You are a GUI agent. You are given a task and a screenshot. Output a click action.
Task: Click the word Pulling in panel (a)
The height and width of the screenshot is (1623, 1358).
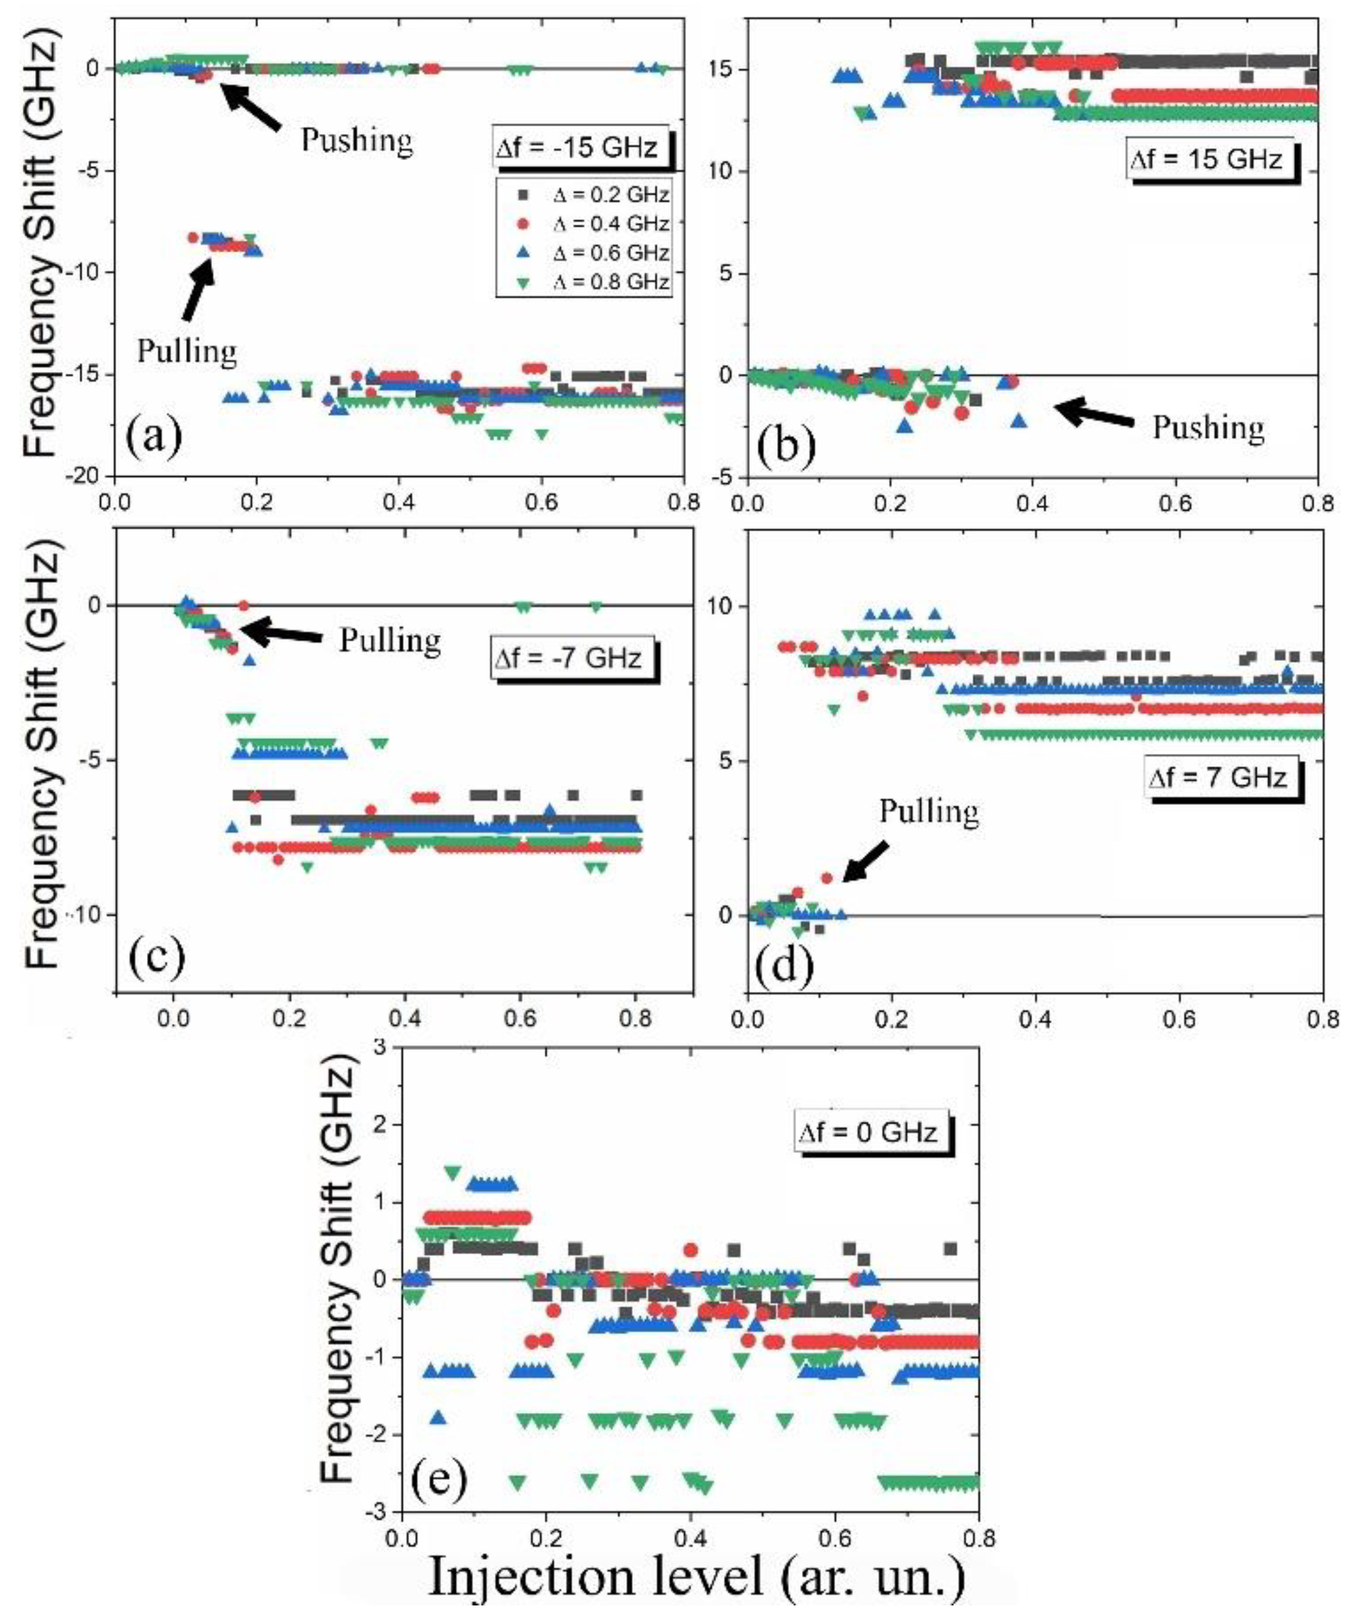point(187,352)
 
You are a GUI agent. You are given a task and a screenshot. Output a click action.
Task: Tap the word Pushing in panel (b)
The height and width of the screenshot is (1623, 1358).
point(1208,427)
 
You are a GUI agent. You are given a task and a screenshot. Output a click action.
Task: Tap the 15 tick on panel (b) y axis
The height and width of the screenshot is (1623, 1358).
point(726,70)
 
